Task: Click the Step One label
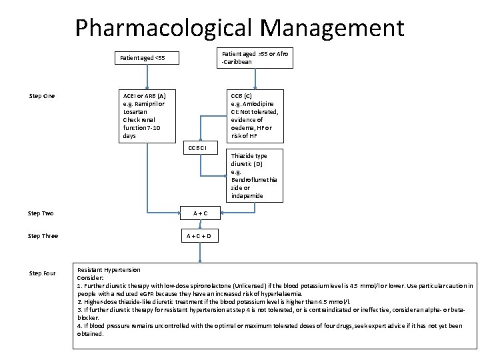coord(42,96)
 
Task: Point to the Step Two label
coord(41,213)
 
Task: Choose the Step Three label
coord(43,236)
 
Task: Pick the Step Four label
coord(43,273)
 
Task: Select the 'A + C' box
coord(200,213)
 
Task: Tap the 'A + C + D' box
coord(200,236)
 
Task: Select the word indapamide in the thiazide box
coord(247,196)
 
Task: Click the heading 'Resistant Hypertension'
coord(109,270)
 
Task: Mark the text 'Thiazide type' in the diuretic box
coord(249,156)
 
